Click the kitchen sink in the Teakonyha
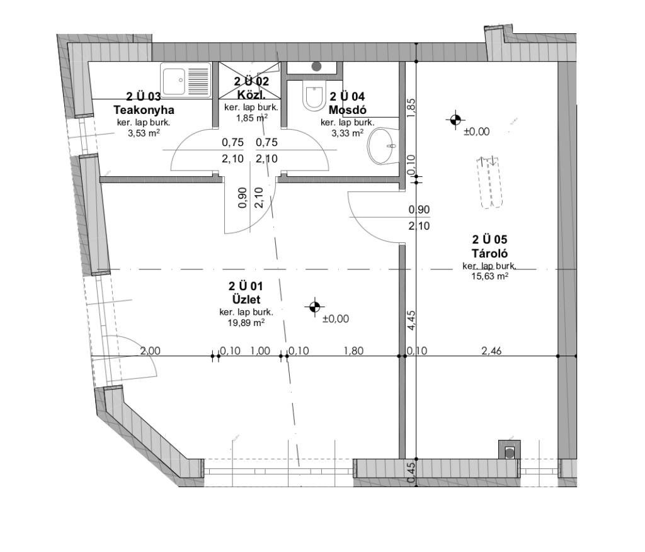tap(186, 81)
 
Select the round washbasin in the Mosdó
tap(382, 146)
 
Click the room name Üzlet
tap(246, 299)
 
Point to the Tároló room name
tap(489, 253)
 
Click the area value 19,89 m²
tap(246, 323)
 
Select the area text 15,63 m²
tap(489, 276)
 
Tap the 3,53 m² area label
tap(144, 133)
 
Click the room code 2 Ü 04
tap(347, 96)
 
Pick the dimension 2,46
tap(491, 351)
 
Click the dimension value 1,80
tap(353, 351)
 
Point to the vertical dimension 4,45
tap(411, 320)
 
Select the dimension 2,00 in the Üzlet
tap(150, 351)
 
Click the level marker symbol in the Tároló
tap(455, 120)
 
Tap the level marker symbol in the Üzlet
tap(314, 307)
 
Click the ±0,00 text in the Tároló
tap(476, 132)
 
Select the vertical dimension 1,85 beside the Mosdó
tap(411, 108)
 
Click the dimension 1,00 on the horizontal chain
tap(260, 351)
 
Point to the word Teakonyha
tap(144, 110)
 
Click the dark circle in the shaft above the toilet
tap(316, 66)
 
